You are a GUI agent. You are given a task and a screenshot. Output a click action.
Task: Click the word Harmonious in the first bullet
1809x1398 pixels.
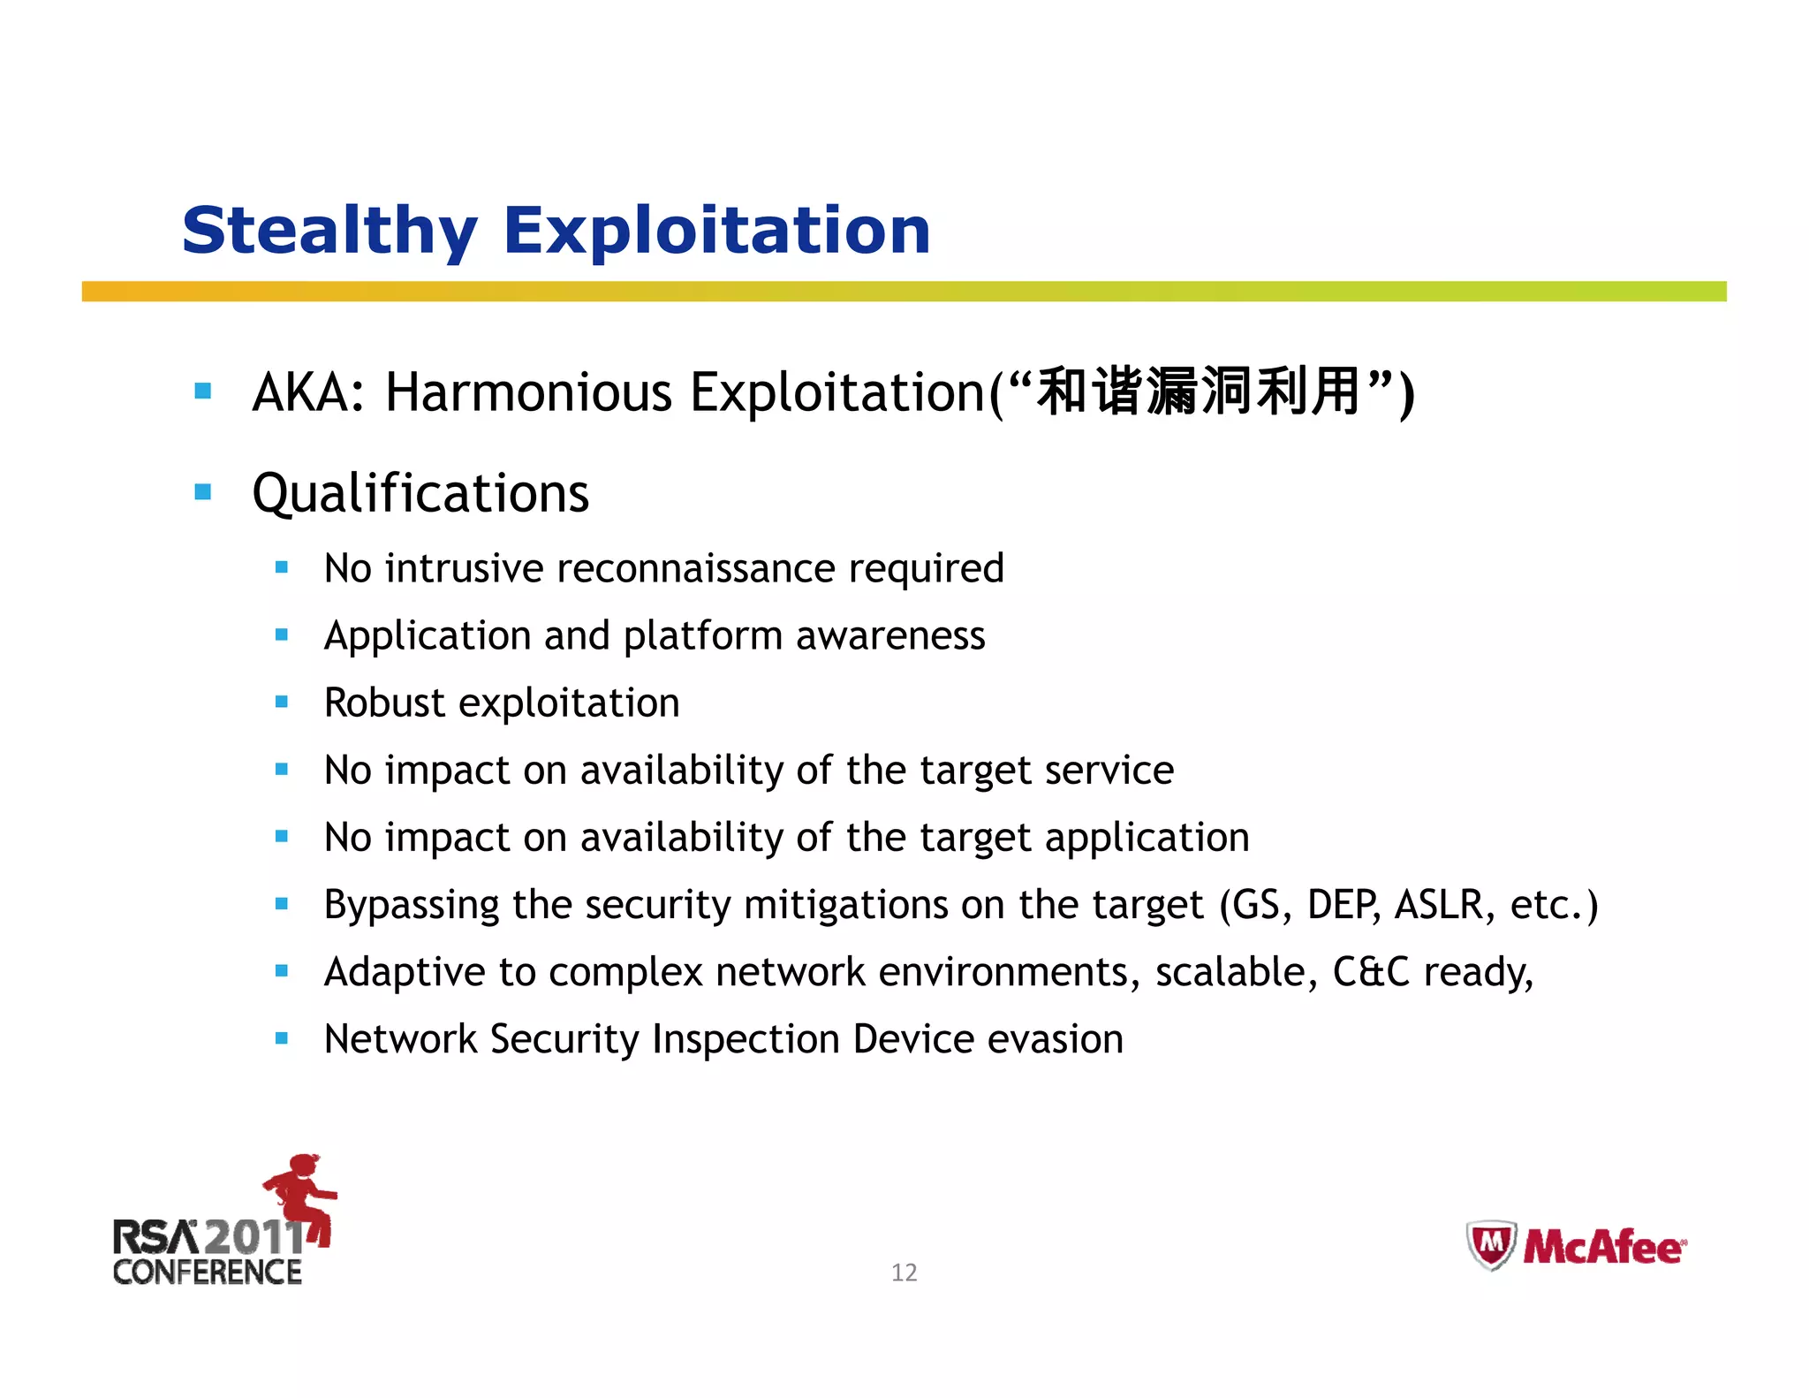click(x=528, y=392)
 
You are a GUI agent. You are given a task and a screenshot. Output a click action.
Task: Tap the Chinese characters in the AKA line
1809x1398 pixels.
click(x=1198, y=391)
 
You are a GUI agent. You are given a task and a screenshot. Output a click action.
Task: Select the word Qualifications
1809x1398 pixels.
click(x=420, y=493)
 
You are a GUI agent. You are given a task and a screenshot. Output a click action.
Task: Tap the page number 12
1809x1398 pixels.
click(x=904, y=1273)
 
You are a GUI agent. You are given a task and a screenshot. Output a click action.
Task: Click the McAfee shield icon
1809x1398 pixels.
click(x=1491, y=1245)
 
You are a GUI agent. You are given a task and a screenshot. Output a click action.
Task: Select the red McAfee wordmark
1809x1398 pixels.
click(x=1603, y=1248)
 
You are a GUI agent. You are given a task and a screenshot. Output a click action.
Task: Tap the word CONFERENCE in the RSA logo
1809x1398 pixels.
click(x=208, y=1273)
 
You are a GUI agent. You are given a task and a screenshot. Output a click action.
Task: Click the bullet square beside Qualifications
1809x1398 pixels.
click(x=203, y=492)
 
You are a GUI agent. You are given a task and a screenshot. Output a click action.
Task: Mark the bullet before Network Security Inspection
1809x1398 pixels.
click(x=282, y=1039)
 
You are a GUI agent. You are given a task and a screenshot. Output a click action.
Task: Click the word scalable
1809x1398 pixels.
click(x=1230, y=972)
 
